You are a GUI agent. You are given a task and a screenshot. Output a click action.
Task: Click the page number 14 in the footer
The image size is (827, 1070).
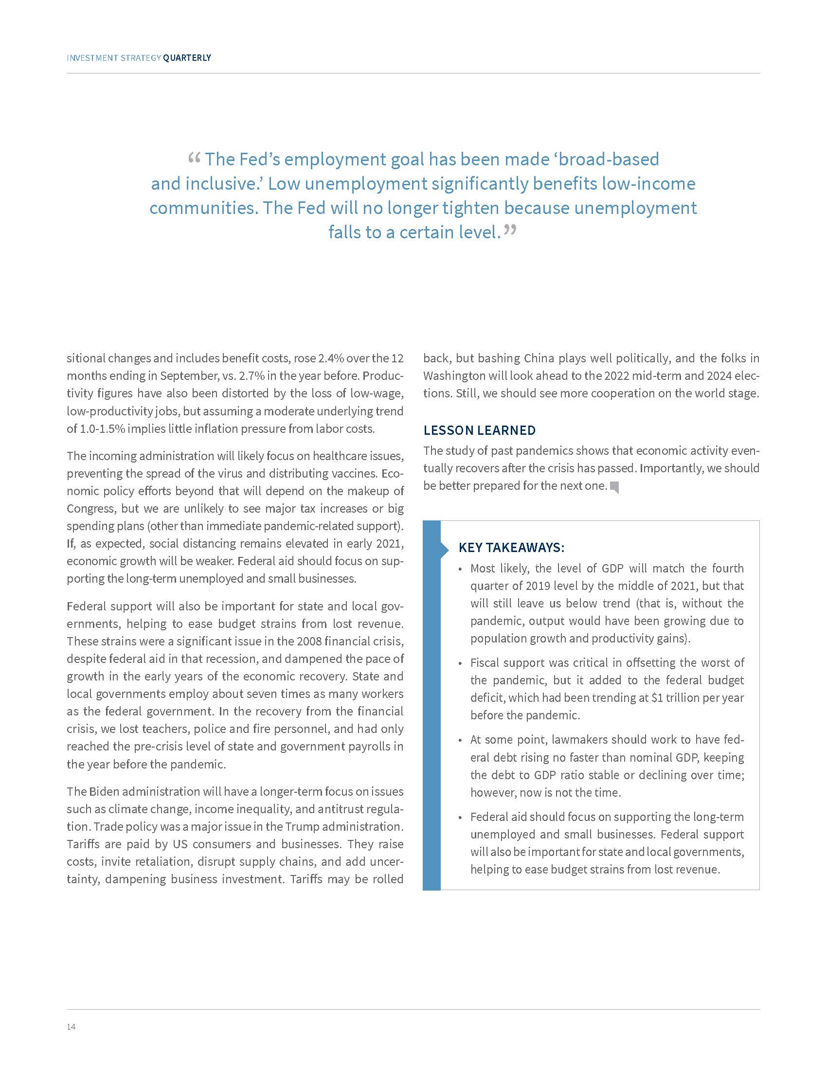point(71,1027)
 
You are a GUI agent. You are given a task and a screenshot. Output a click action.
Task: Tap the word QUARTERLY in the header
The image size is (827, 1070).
point(187,58)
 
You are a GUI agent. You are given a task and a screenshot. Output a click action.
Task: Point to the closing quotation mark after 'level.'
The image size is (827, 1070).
point(510,229)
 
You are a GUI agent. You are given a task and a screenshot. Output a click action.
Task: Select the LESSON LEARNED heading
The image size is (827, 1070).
point(479,430)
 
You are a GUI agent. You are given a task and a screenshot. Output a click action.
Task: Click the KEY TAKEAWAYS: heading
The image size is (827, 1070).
point(511,547)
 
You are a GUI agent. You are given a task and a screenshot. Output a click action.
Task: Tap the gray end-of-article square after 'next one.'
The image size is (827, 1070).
point(614,487)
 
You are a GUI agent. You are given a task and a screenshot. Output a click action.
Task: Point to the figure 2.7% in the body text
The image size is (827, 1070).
point(253,376)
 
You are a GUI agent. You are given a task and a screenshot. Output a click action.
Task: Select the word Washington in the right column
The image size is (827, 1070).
point(447,376)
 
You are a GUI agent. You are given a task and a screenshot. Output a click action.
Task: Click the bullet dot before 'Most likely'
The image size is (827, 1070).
point(460,570)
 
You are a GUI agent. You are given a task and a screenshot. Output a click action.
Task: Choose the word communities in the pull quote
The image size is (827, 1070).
point(202,208)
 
